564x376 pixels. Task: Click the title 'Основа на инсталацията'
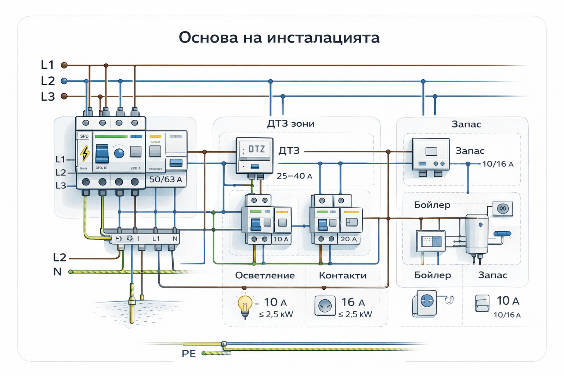click(279, 37)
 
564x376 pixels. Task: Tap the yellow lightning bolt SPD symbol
click(85, 153)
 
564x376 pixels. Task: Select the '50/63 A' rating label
click(166, 180)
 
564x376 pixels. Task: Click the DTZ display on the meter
click(255, 149)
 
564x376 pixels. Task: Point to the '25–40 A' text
click(294, 176)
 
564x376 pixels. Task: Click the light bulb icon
click(245, 306)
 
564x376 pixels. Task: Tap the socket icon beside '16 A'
click(325, 305)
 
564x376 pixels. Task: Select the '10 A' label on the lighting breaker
click(281, 239)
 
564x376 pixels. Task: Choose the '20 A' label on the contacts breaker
click(348, 239)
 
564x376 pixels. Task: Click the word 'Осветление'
click(265, 275)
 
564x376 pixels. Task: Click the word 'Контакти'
click(342, 275)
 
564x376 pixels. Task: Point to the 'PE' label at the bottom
click(189, 354)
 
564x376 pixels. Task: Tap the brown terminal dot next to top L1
click(64, 65)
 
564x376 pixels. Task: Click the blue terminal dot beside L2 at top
click(64, 81)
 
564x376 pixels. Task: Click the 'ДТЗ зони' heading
click(290, 124)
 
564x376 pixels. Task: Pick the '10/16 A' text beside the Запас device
click(498, 164)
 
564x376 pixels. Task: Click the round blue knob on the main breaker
click(119, 153)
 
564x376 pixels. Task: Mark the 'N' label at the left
click(57, 272)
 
